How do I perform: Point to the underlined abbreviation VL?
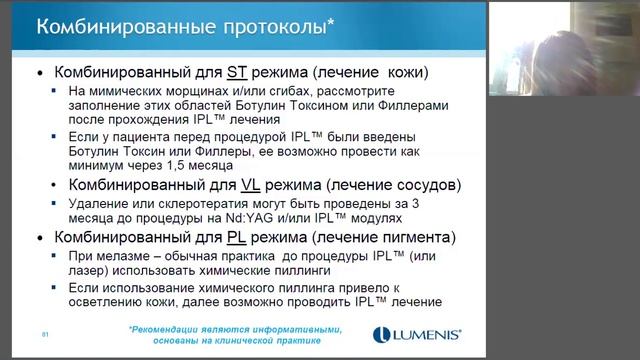click(282, 185)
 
